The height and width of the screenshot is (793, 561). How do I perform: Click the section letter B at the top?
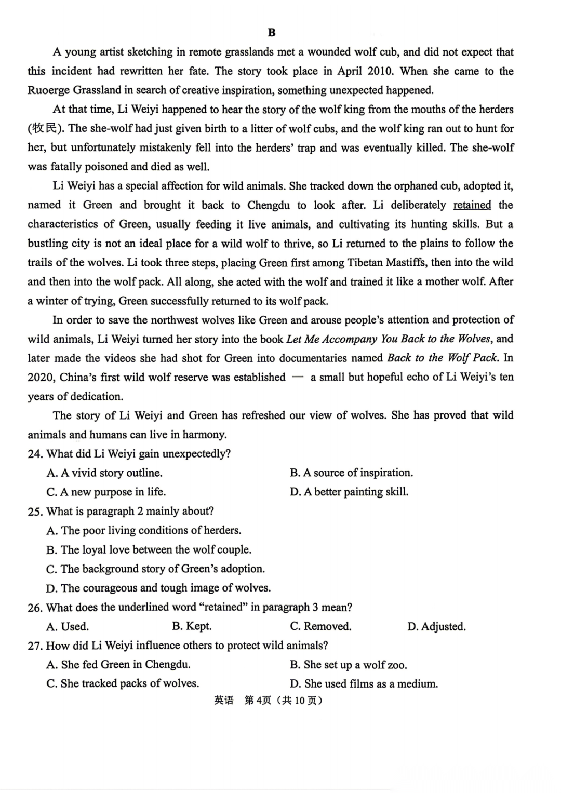tap(271, 32)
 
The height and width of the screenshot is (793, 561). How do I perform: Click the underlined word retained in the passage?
tap(472, 205)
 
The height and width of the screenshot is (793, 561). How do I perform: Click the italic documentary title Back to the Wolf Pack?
tap(443, 358)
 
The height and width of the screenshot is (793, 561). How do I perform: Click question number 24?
tap(35, 454)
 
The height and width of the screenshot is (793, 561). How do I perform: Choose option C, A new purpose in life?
tap(106, 492)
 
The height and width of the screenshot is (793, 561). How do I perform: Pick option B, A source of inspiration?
tap(351, 473)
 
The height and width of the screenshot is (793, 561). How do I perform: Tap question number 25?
tap(35, 512)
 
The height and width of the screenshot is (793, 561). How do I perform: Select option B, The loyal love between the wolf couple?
tap(149, 549)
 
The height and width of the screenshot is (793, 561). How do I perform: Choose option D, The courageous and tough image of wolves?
tap(158, 588)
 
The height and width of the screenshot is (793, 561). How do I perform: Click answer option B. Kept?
tap(192, 626)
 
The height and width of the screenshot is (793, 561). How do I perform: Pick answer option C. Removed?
tap(320, 626)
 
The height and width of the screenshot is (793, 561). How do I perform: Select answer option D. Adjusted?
tap(436, 626)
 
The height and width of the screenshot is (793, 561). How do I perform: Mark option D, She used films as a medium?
tap(364, 683)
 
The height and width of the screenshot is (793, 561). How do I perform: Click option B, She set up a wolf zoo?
tap(348, 665)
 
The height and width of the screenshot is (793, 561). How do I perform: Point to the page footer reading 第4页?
tap(258, 701)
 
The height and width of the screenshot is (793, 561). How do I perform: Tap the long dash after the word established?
tap(298, 378)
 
